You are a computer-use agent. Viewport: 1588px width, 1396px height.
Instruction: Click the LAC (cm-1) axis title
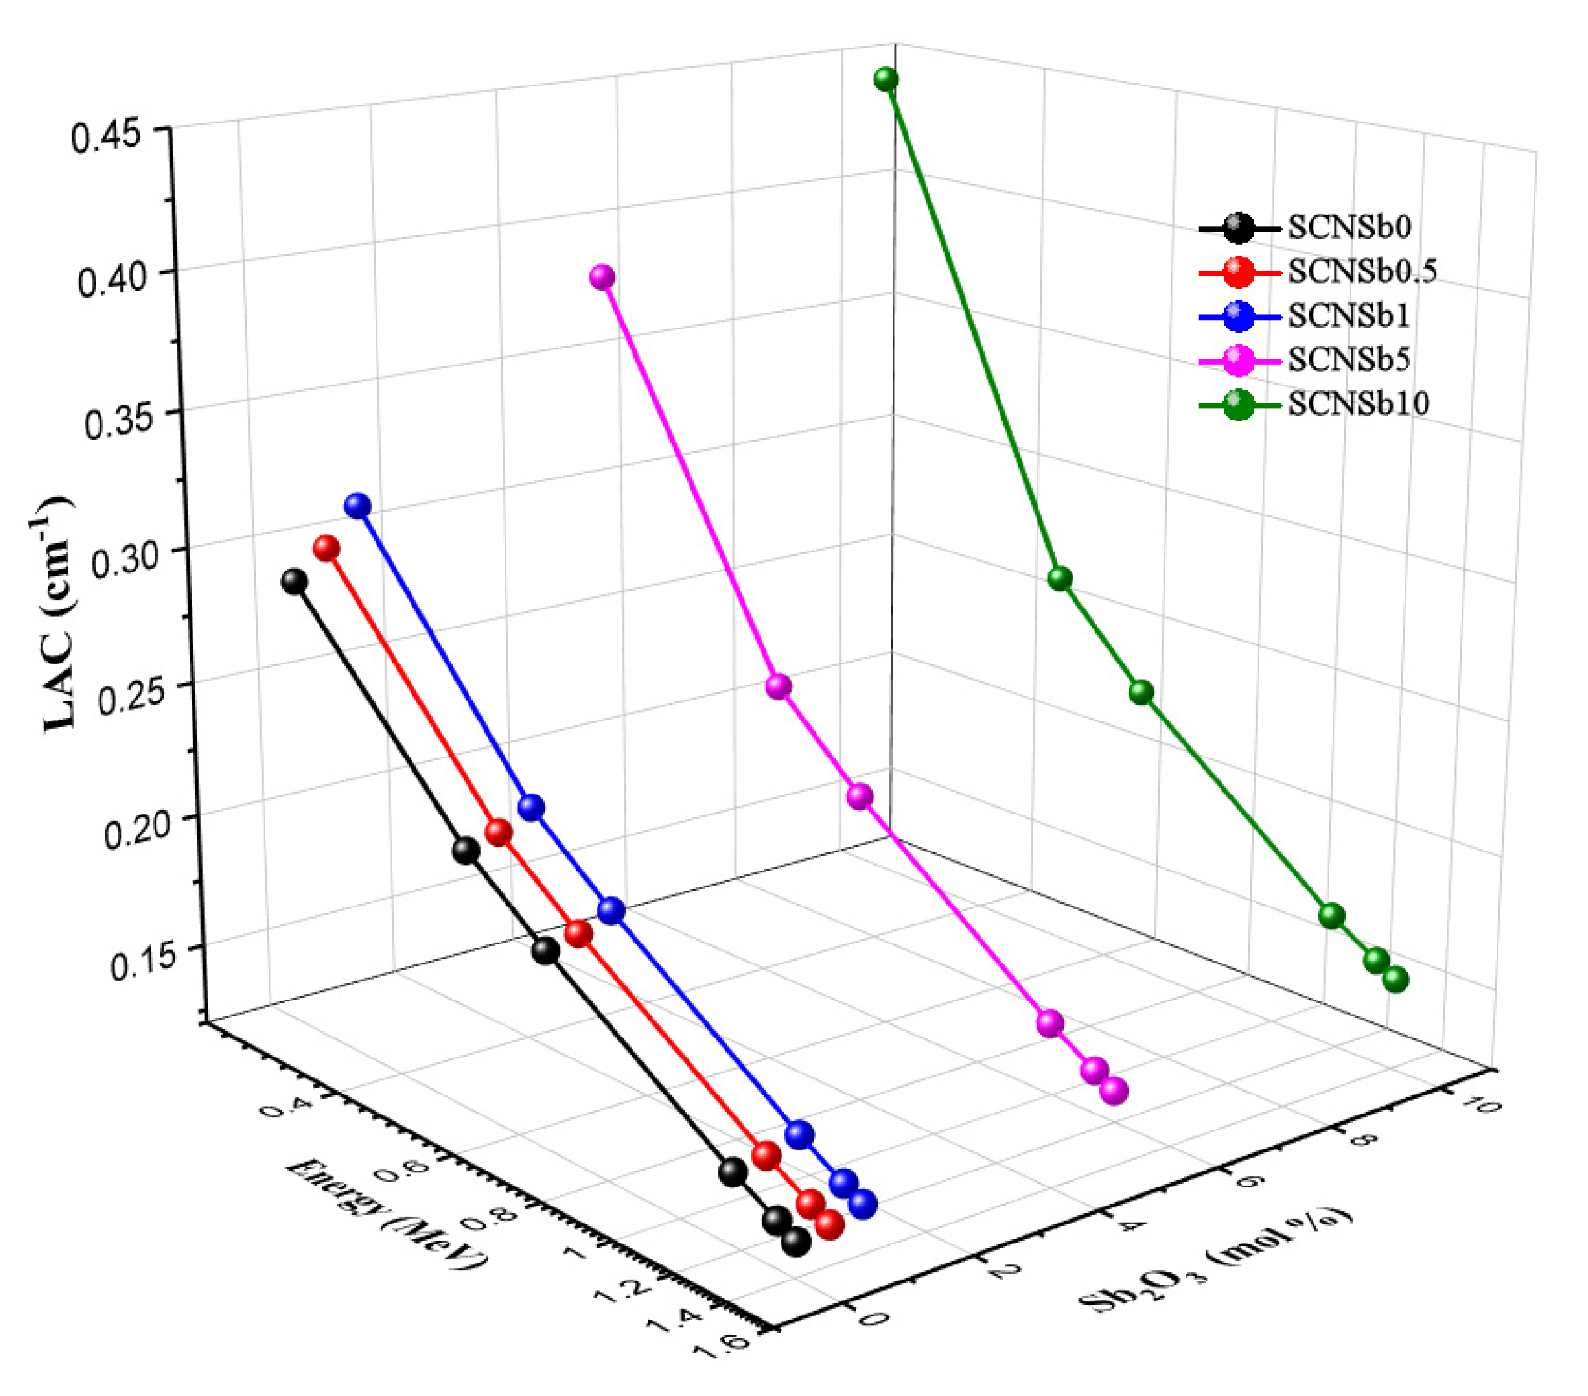pyautogui.click(x=59, y=614)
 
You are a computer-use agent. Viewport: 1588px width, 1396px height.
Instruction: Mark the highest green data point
pyautogui.click(x=886, y=80)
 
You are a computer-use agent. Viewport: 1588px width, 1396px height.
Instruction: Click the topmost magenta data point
pyautogui.click(x=602, y=277)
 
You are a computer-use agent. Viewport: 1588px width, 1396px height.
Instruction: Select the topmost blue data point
pyautogui.click(x=357, y=506)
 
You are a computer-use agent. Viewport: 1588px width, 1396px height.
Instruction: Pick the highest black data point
pyautogui.click(x=294, y=581)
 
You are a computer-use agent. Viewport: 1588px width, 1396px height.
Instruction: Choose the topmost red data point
pyautogui.click(x=326, y=549)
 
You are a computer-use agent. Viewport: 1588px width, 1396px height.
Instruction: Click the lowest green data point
pyautogui.click(x=1396, y=980)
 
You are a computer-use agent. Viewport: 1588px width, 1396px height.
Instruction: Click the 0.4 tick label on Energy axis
pyautogui.click(x=280, y=1106)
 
